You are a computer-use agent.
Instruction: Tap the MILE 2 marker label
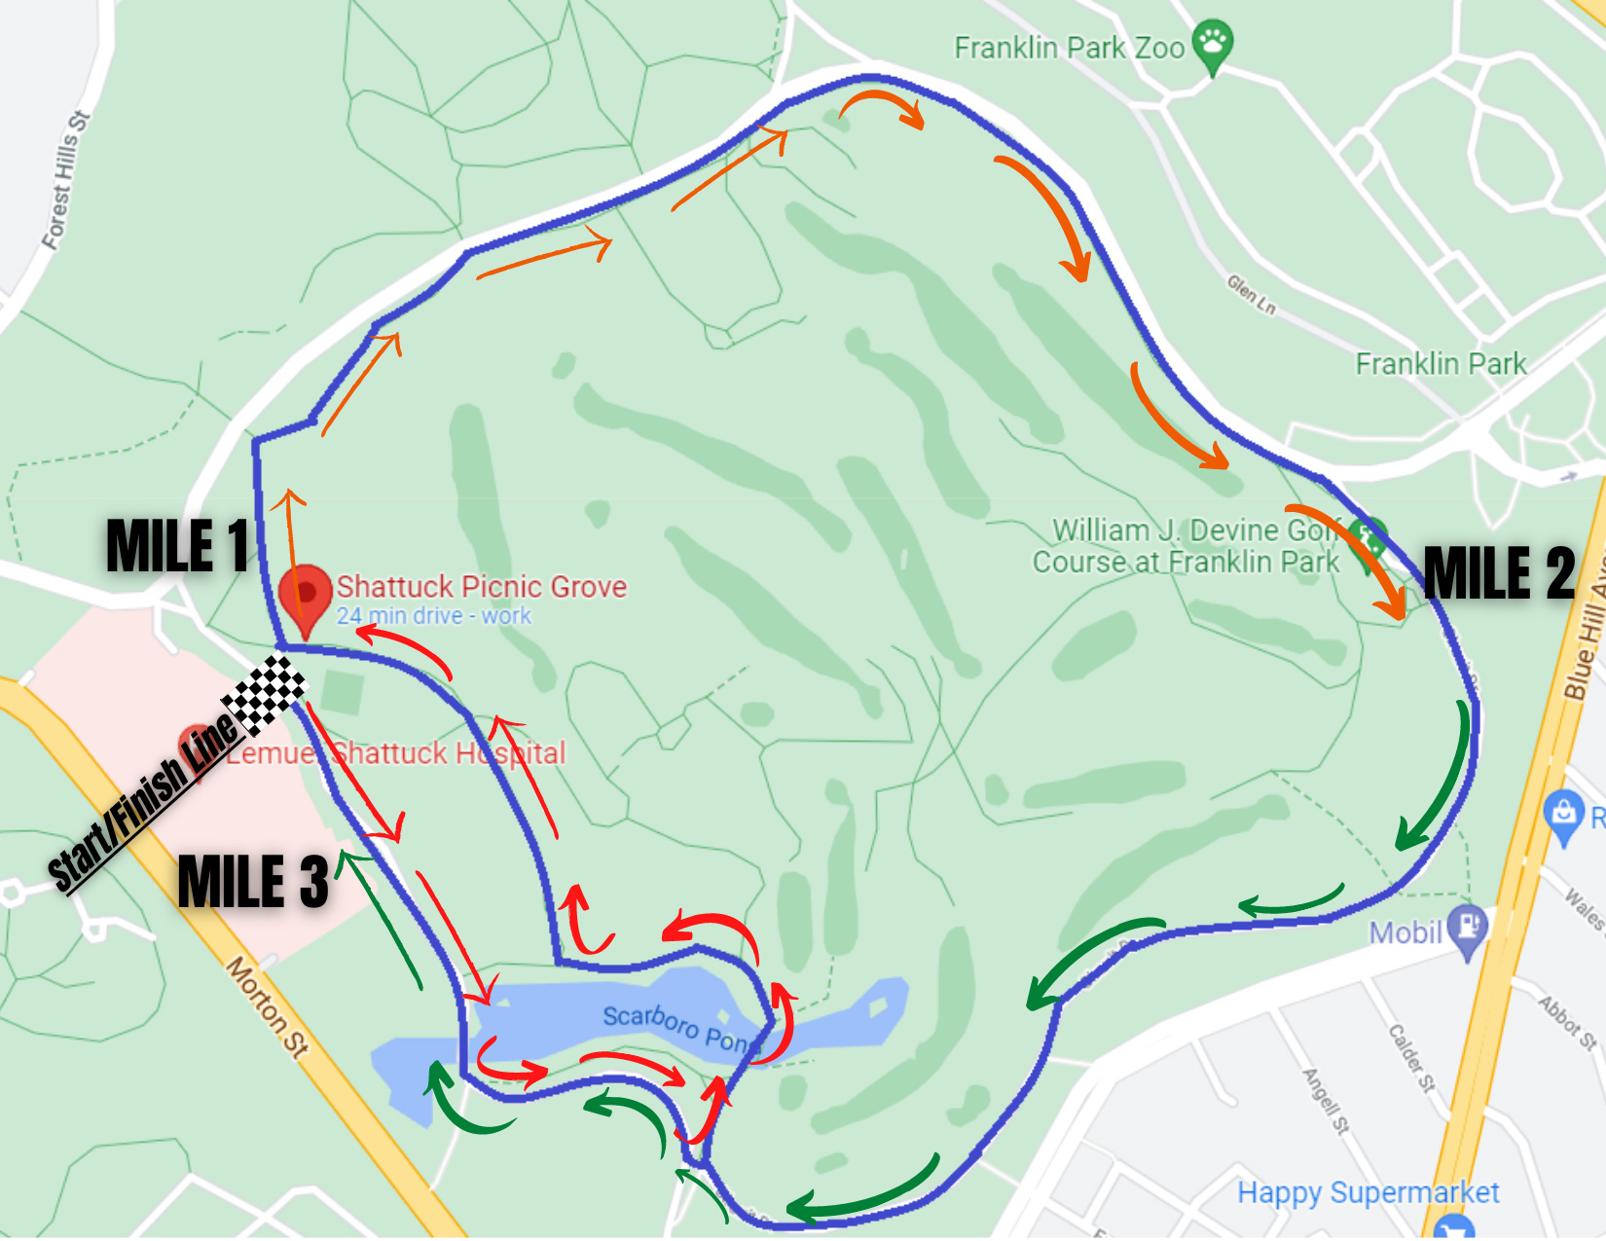tap(1499, 572)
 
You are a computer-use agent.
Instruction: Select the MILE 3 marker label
tap(253, 882)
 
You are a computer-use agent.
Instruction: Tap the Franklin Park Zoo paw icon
tap(1213, 43)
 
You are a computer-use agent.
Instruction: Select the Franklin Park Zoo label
tap(1068, 48)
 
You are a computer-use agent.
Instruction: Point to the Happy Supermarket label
tap(1368, 1192)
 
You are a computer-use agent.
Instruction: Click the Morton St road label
tap(268, 1007)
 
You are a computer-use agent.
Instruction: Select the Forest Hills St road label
tap(66, 180)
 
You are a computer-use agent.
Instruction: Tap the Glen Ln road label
tap(1251, 294)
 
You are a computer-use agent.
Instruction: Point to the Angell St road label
tap(1327, 1101)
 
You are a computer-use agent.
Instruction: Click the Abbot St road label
tap(1567, 1022)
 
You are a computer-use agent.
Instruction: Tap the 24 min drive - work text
tap(434, 616)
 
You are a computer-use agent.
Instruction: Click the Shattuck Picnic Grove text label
tap(481, 586)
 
